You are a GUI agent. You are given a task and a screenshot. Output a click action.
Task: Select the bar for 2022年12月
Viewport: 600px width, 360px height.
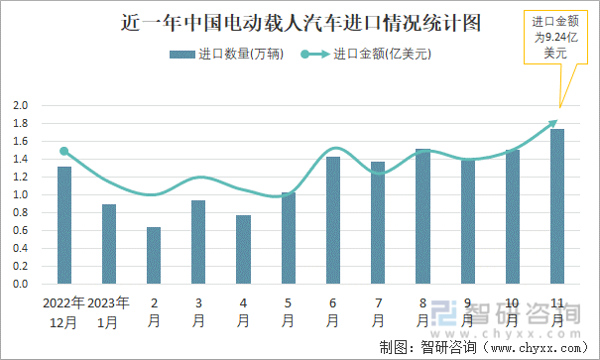click(64, 225)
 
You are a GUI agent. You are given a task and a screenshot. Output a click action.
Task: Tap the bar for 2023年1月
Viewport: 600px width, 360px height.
click(109, 244)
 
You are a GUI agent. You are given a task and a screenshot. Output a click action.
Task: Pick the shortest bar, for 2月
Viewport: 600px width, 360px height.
click(154, 256)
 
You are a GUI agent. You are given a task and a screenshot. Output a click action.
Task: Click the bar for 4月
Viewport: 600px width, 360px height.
click(243, 249)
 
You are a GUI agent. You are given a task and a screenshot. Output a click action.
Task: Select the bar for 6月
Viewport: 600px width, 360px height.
click(333, 220)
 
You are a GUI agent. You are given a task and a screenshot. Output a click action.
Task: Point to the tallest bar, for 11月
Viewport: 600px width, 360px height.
click(557, 206)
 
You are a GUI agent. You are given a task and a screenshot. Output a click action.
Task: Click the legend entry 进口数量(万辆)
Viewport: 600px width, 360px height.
click(226, 55)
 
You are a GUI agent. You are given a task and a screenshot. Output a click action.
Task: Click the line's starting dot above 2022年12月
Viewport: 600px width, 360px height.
click(64, 152)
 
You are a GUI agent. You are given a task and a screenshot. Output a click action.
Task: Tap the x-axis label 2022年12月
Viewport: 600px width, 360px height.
click(64, 311)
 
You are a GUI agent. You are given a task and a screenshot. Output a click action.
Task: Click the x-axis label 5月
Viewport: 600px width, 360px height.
click(288, 311)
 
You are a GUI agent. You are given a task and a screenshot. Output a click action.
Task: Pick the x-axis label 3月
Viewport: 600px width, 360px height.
click(198, 311)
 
